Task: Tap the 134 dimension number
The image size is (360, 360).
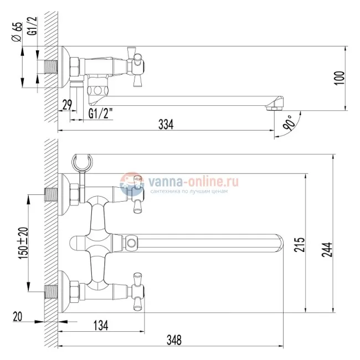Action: click(100, 324)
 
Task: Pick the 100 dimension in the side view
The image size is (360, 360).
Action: click(340, 78)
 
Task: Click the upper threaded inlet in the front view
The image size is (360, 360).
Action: click(52, 195)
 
